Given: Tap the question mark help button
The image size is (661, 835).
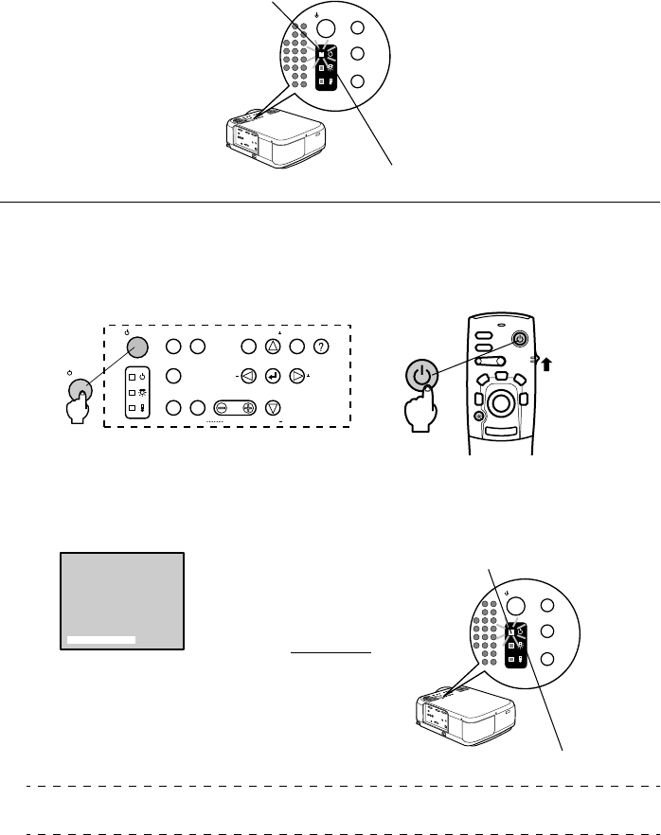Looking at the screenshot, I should click(322, 347).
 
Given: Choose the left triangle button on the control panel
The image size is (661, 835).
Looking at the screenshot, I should click(248, 377).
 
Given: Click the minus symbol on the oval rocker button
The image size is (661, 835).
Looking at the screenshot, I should click(222, 409).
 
